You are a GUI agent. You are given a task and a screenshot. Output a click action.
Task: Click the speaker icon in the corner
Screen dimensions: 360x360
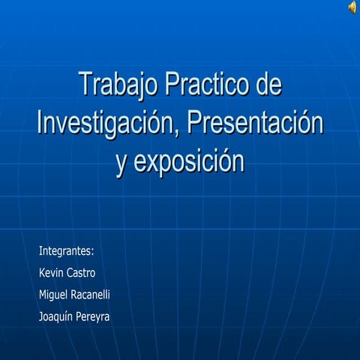[352, 7]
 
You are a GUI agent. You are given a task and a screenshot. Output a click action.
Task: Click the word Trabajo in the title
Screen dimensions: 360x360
[117, 85]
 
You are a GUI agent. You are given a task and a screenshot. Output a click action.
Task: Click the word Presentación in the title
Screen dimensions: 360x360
[255, 123]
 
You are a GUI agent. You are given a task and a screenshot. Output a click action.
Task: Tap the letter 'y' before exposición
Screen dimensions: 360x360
[121, 163]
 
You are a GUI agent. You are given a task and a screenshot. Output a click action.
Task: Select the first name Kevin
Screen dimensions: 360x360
[51, 273]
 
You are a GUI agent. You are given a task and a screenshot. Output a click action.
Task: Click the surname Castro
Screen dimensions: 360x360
[81, 273]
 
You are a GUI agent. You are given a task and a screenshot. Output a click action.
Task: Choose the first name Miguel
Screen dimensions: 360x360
[53, 295]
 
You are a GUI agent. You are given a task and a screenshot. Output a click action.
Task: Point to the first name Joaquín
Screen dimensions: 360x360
[56, 316]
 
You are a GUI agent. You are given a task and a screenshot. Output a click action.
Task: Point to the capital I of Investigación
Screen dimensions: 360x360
[40, 122]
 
